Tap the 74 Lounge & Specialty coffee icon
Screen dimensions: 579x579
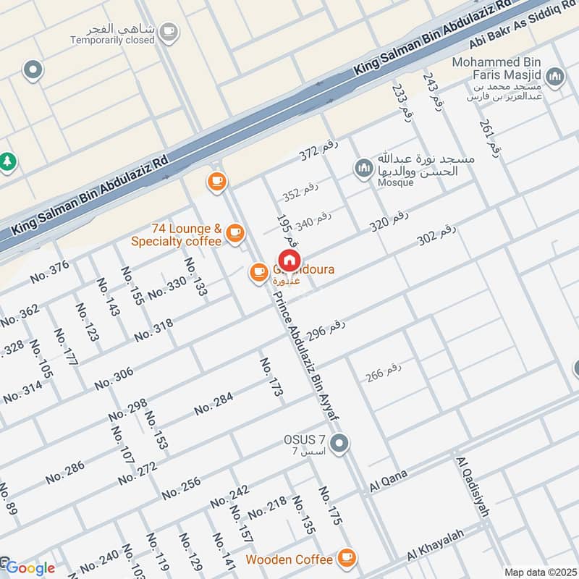tap(234, 232)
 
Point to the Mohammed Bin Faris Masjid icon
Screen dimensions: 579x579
tap(554, 76)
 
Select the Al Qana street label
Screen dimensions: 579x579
tap(389, 481)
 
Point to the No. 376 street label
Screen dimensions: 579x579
tap(50, 271)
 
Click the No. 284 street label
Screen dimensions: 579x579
tap(214, 403)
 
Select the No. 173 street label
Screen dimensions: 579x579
tap(271, 377)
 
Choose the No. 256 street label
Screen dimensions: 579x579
tap(181, 487)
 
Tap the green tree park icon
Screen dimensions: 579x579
tap(7, 162)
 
